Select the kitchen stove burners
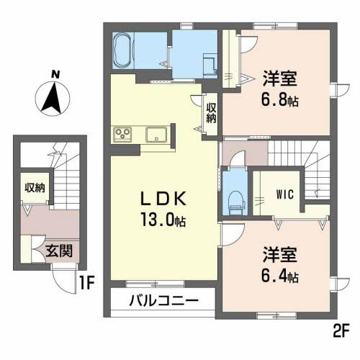click(x=122, y=135)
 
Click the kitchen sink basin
click(x=156, y=135)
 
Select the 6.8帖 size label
click(x=279, y=99)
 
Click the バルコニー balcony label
click(x=163, y=300)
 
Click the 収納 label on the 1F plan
click(x=34, y=188)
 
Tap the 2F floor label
click(x=339, y=331)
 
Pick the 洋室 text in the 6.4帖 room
click(x=279, y=256)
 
